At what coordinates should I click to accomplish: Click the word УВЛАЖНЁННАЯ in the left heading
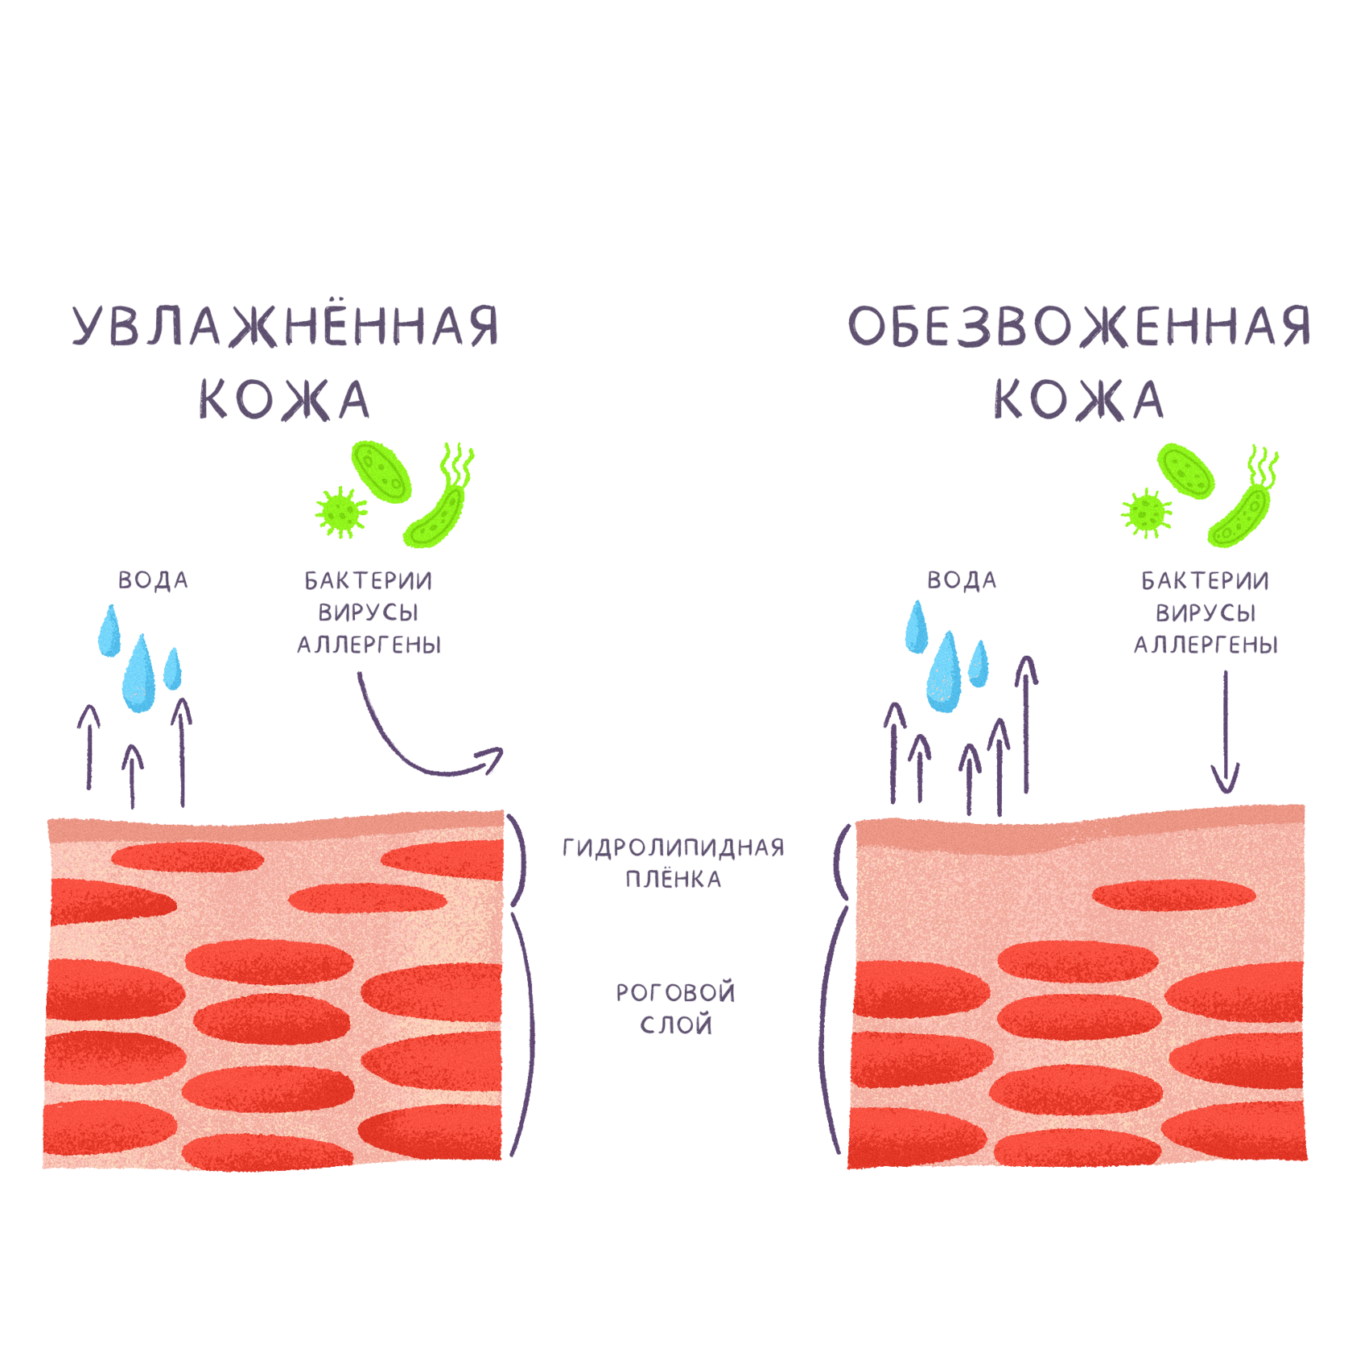(286, 326)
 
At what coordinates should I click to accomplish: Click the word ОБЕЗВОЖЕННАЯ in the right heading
(1078, 326)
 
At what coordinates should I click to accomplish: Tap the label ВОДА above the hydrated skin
(153, 580)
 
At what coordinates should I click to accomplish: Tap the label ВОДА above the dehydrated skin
(962, 580)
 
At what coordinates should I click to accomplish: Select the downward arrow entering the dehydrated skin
(1226, 732)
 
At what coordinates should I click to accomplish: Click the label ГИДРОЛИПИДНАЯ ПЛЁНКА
(673, 863)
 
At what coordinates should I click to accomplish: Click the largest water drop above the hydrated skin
(139, 676)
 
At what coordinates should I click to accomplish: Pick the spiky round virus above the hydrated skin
(341, 511)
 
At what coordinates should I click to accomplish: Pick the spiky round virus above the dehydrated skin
(1147, 513)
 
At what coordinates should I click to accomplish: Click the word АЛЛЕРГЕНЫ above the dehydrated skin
(1206, 645)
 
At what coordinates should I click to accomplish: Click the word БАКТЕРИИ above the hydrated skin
(368, 580)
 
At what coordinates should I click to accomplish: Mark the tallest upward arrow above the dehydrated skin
(1026, 724)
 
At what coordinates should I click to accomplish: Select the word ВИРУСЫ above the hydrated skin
(368, 612)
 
